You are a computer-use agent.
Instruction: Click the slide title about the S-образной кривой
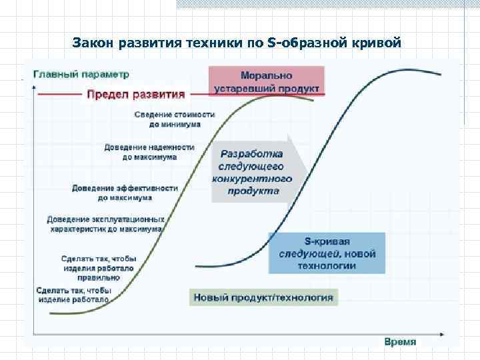click(237, 44)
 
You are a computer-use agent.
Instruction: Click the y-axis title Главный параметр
click(81, 74)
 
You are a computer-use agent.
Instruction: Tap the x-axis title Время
click(400, 341)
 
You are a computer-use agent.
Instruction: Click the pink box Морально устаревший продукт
click(267, 81)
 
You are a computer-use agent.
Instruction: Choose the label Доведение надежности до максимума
click(149, 152)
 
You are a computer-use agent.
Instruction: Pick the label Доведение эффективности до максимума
click(125, 193)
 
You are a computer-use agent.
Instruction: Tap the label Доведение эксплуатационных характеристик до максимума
click(105, 224)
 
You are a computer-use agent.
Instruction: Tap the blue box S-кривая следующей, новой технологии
click(327, 253)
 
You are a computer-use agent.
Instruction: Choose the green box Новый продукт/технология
click(263, 297)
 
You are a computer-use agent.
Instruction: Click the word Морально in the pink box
click(267, 75)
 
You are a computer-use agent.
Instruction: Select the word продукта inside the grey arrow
click(253, 191)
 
